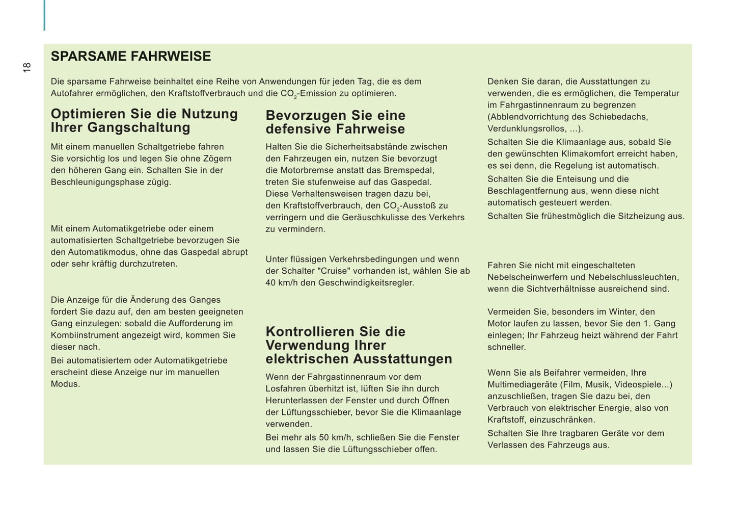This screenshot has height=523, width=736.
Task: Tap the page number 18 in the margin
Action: click(27, 67)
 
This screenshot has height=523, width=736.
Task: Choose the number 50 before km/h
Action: click(324, 437)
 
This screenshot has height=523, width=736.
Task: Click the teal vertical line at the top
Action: click(44, 15)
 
